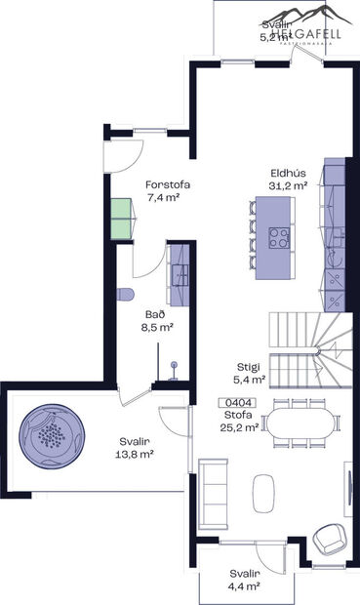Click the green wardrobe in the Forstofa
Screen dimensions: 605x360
tap(120, 219)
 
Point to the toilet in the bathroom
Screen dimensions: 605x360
tap(125, 295)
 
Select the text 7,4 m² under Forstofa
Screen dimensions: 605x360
tap(167, 197)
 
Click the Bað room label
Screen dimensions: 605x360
tap(155, 315)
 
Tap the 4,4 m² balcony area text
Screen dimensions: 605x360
tap(244, 585)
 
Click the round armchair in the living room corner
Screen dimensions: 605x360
tap(328, 535)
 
